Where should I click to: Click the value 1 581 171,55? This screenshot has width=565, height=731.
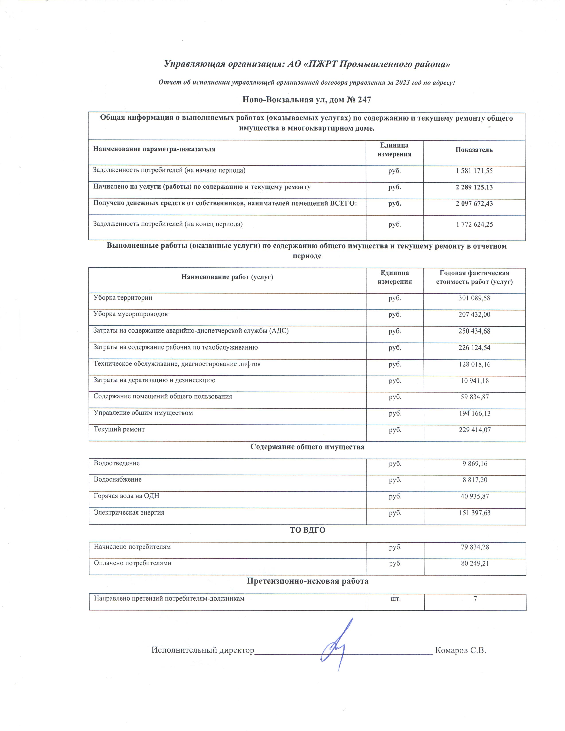tap(474, 171)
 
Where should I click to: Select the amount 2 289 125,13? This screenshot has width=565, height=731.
tap(474, 187)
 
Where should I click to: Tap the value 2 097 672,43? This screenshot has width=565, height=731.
tap(474, 204)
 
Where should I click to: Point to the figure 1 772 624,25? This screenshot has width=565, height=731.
tap(474, 224)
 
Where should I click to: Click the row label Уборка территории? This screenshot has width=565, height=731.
tap(123, 297)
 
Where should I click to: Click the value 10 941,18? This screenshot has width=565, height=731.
tap(474, 381)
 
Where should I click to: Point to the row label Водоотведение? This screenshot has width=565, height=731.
tap(117, 463)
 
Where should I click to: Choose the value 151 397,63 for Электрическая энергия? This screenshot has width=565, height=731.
tap(474, 513)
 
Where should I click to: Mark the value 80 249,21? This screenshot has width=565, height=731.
tap(475, 563)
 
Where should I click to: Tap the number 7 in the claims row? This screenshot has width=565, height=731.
tap(475, 599)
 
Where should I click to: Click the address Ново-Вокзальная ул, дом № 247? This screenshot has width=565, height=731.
tap(307, 99)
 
